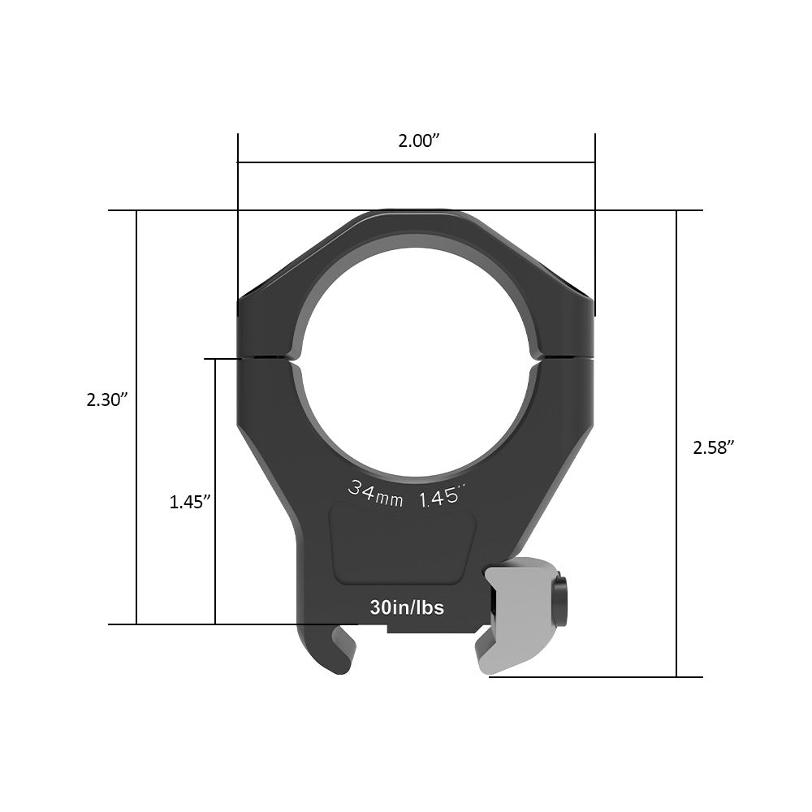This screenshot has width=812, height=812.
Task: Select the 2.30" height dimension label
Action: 109,400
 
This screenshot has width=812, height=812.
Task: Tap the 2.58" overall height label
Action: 714,447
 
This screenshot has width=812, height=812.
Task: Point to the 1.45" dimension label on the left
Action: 190,502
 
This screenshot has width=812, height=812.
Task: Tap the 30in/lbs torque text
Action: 406,607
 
